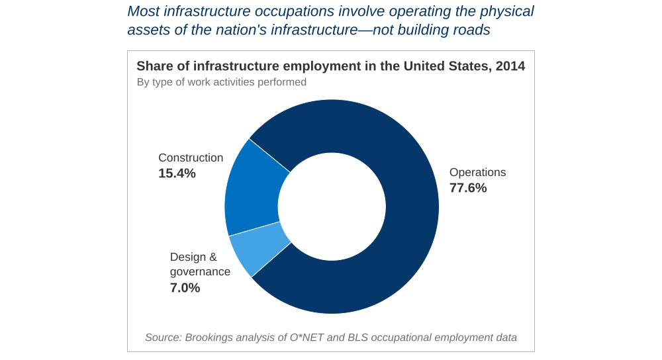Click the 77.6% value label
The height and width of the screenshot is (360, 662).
(468, 188)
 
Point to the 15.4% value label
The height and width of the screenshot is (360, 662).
(177, 173)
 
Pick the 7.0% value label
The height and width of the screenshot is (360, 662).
(185, 288)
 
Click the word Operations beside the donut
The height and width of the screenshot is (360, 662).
(477, 172)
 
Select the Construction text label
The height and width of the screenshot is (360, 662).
(191, 157)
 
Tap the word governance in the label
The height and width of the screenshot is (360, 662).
(200, 272)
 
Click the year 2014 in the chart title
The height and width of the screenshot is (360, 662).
(510, 66)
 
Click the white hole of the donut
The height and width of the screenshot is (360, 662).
(331, 206)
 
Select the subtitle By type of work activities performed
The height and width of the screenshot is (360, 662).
(221, 82)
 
